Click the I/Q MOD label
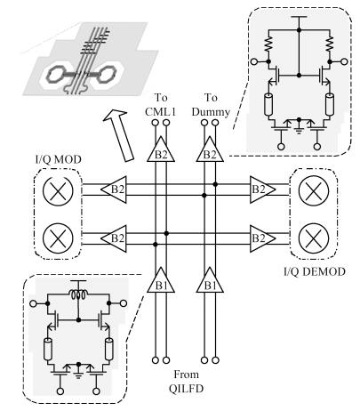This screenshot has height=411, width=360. (59, 159)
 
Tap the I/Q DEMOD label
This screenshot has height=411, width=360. (315, 271)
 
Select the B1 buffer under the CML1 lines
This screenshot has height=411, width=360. (161, 280)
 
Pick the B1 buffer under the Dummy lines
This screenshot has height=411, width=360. (210, 280)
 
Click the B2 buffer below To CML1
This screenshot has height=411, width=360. (161, 149)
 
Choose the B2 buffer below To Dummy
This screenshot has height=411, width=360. (210, 149)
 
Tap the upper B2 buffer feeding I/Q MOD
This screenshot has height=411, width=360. (114, 189)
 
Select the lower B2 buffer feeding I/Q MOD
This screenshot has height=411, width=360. (114, 238)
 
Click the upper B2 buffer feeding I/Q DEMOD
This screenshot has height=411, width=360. (263, 189)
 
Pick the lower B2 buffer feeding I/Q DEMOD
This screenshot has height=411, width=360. (263, 238)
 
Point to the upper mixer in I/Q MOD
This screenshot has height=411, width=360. (58, 191)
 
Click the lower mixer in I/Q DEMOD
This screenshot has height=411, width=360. (314, 238)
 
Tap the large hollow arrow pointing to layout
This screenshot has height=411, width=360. (119, 135)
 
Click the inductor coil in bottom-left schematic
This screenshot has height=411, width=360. (78, 294)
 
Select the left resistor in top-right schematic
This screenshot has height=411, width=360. (268, 44)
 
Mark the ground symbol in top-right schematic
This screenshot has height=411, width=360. (299, 130)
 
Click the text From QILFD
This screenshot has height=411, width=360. (186, 382)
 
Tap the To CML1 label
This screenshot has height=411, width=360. (161, 105)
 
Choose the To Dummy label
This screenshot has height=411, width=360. (211, 105)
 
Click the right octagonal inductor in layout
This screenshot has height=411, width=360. (106, 74)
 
